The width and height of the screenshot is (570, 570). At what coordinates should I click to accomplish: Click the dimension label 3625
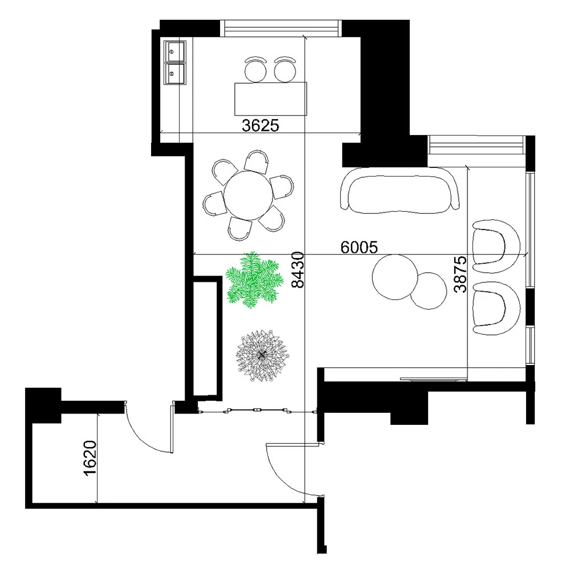tap(260, 125)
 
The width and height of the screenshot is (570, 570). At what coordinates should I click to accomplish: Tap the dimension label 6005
tap(359, 247)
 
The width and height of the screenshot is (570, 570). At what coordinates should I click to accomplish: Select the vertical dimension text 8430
tap(298, 270)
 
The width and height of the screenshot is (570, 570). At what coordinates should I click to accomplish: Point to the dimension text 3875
tap(460, 274)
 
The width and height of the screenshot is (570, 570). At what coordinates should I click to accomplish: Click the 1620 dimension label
tap(90, 458)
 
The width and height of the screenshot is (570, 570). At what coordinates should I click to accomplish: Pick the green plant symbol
tap(254, 280)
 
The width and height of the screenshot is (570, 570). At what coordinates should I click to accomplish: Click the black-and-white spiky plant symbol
tap(261, 356)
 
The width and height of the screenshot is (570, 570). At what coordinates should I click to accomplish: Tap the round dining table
tap(249, 195)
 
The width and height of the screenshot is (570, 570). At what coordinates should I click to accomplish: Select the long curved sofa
tap(400, 189)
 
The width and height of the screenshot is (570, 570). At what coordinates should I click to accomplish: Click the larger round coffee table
tap(395, 277)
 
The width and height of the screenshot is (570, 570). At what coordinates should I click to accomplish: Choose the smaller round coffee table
tap(429, 291)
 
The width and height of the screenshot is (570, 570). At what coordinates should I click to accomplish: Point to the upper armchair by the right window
tap(496, 246)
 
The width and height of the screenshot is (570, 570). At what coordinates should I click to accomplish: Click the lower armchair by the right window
tap(496, 308)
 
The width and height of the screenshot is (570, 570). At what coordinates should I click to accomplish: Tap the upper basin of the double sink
tap(175, 51)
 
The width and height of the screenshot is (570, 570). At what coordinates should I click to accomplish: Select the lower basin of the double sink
tap(175, 74)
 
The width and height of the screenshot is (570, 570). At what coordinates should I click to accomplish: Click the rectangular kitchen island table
tap(271, 99)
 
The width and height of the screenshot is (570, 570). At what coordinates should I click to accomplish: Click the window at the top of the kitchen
tap(282, 28)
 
